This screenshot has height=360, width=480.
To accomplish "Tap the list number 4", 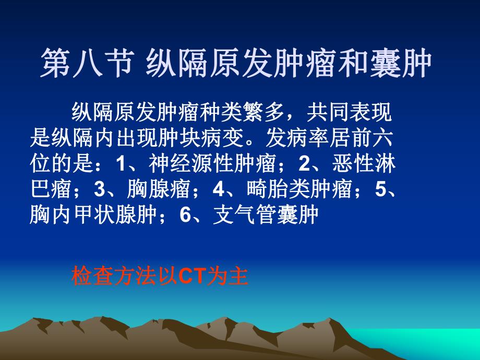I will click(x=218, y=190).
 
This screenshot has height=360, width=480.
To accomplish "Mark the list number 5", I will click(x=380, y=190).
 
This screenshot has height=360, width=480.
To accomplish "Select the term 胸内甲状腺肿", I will click(x=94, y=215).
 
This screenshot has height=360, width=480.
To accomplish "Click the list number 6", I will click(x=184, y=215).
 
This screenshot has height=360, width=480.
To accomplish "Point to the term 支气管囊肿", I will click(x=266, y=215).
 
